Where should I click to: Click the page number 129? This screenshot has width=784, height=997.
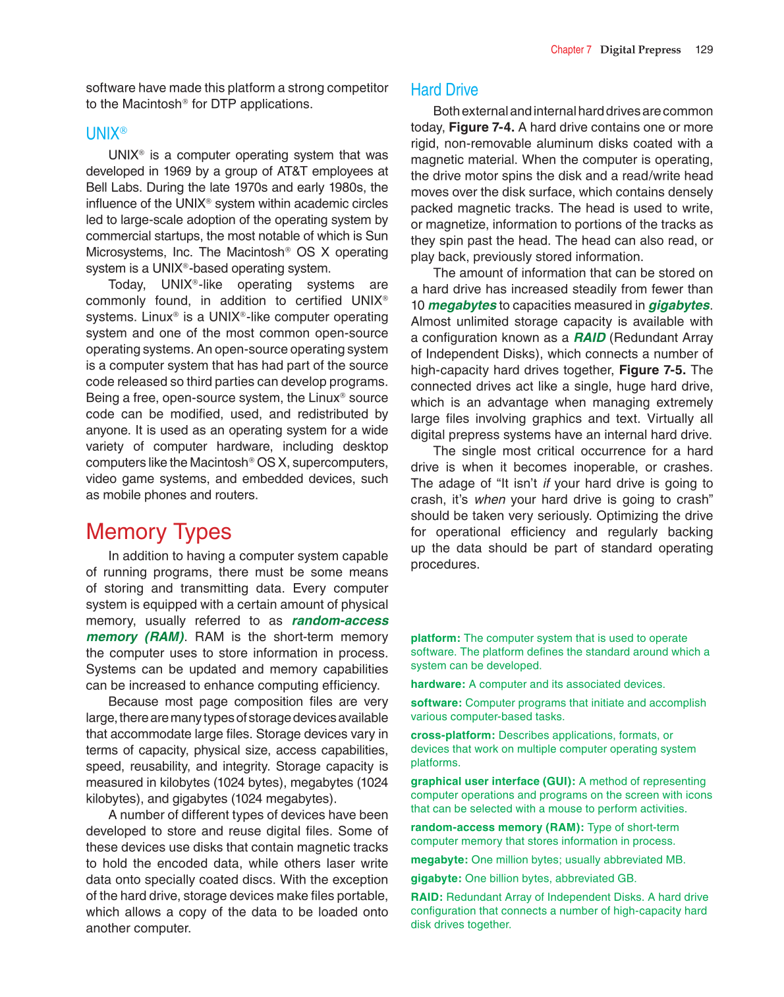[704, 49]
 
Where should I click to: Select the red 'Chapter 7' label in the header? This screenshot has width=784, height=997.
[571, 49]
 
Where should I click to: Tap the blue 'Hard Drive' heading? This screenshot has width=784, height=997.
[444, 90]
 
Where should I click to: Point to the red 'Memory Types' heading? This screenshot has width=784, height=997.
[158, 532]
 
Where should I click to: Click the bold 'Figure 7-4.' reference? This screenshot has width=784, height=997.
[481, 127]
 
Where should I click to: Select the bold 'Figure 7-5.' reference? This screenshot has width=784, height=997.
[652, 370]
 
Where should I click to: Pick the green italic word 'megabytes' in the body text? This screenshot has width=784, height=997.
[462, 305]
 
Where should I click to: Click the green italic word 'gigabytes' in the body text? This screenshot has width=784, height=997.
[679, 305]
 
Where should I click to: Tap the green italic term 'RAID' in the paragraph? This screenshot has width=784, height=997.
[589, 337]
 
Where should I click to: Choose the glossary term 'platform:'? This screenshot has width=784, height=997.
[435, 638]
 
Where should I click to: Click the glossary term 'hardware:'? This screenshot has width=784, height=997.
[438, 684]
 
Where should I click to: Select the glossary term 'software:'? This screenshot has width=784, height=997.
[436, 702]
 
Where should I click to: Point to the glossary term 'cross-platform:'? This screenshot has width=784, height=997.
[453, 735]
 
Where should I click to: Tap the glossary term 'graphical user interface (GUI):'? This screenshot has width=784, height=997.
[493, 781]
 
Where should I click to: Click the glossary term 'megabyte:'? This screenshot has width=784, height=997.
[439, 859]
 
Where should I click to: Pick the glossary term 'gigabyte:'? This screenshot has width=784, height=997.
[436, 878]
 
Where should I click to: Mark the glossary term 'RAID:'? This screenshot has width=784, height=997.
[427, 897]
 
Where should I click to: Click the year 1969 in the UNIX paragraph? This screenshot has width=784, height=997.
[178, 171]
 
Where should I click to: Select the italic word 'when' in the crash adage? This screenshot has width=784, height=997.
[490, 499]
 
